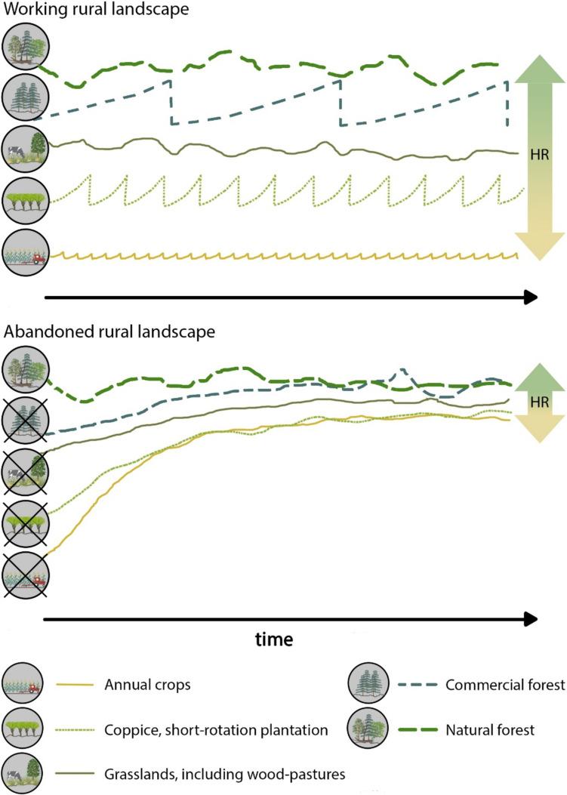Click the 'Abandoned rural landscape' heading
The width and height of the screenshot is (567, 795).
pos(110,331)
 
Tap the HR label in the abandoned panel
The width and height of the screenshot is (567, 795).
pos(539,402)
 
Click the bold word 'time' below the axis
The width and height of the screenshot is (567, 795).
pos(274,639)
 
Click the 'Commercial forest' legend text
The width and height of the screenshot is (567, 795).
pos(506,685)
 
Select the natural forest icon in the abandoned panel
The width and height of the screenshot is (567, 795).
pos(26,371)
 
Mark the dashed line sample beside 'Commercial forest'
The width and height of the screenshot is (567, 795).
pos(408,685)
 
